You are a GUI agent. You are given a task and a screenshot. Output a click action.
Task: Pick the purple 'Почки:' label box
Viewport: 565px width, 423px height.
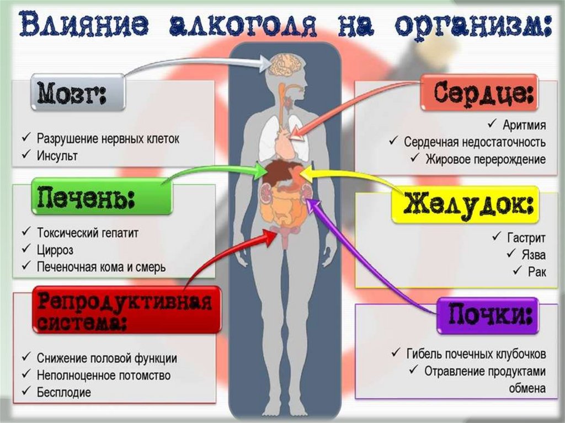click(488, 316)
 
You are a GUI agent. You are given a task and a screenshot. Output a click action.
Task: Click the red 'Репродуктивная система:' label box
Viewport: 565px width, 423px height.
click(126, 310)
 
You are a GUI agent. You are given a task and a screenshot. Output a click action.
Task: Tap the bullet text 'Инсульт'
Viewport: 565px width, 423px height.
click(57, 156)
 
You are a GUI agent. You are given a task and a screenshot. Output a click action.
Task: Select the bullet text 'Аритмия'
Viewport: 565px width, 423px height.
click(524, 124)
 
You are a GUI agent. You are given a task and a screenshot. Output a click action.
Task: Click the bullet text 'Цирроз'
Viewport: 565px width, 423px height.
click(55, 249)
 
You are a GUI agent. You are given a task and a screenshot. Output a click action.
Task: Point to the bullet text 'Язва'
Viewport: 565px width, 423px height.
click(534, 255)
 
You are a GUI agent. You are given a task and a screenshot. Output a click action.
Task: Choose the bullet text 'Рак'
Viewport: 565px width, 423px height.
click(536, 271)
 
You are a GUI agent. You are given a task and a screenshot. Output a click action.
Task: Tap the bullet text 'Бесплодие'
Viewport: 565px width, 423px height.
click(64, 393)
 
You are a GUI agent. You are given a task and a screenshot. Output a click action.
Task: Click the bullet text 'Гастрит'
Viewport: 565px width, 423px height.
click(526, 238)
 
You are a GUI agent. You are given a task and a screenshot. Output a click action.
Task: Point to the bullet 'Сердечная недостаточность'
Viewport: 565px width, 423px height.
click(475, 142)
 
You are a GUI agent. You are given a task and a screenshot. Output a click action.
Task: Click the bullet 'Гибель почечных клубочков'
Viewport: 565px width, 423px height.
click(476, 353)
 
